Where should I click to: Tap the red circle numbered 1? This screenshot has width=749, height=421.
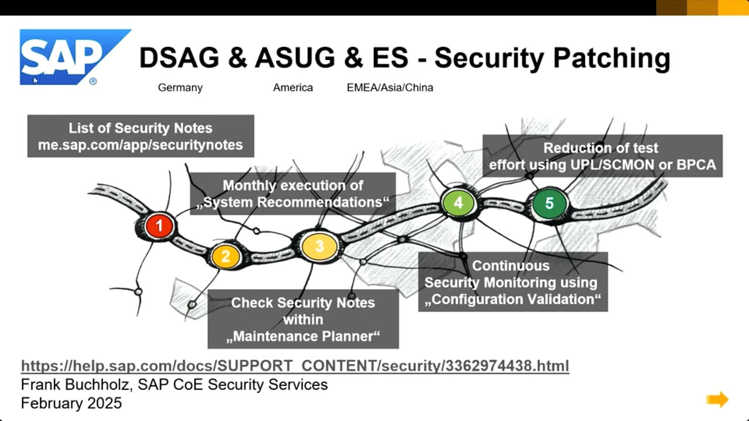[x=160, y=226]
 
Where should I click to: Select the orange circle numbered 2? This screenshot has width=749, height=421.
[x=226, y=256]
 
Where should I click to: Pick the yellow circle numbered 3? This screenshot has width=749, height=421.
[x=319, y=246]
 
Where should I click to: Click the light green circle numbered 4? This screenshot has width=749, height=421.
[x=458, y=202]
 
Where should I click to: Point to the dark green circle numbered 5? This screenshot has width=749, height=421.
[x=549, y=203]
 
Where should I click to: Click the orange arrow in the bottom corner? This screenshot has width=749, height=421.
[x=717, y=399]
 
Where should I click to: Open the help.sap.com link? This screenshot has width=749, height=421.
[x=295, y=366]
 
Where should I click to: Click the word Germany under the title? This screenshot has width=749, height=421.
[x=180, y=88]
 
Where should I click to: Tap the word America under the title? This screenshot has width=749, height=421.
[x=293, y=88]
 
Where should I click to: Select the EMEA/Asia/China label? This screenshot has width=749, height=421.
[x=390, y=88]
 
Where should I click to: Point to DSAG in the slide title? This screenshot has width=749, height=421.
[x=179, y=57]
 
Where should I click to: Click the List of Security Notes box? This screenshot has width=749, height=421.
[x=141, y=136]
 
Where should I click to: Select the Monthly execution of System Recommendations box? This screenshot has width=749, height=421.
[x=293, y=194]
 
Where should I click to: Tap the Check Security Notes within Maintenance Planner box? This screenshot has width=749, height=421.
[x=303, y=319]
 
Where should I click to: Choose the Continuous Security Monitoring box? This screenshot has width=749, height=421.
[x=513, y=282]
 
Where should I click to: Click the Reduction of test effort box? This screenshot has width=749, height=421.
[x=603, y=156]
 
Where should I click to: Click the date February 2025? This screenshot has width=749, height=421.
[x=71, y=403]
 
